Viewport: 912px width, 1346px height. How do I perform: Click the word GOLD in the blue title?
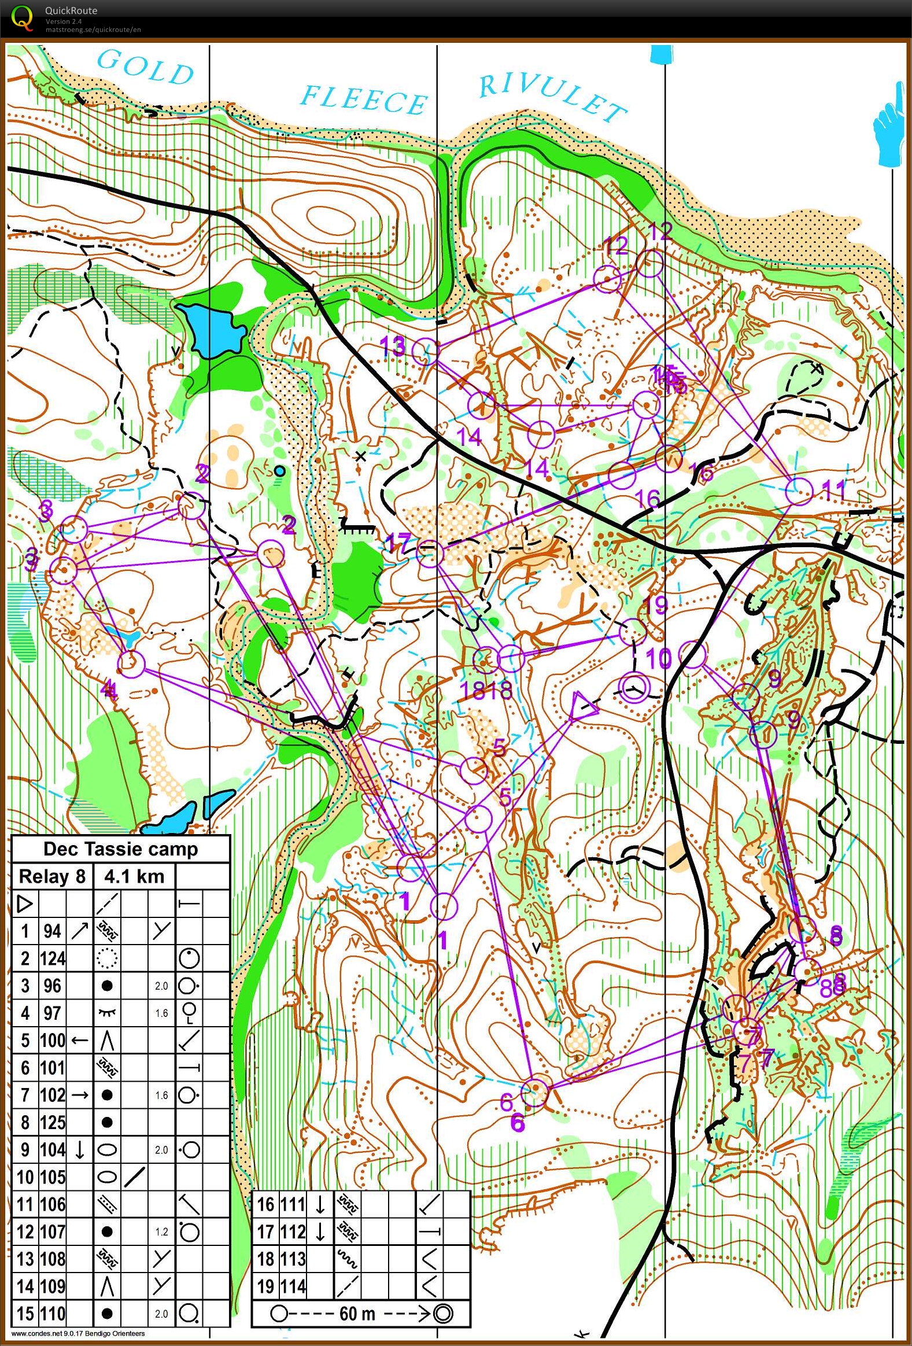(145, 68)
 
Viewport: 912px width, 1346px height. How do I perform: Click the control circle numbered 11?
(799, 492)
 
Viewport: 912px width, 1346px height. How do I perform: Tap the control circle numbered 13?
(426, 351)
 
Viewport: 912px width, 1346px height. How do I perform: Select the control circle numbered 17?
(430, 553)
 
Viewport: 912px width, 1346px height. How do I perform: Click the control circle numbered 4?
(131, 663)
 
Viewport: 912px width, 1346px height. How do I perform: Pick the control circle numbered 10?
(692, 654)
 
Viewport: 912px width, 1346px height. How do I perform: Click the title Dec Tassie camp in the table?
(120, 849)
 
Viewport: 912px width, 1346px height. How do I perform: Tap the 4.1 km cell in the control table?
(134, 876)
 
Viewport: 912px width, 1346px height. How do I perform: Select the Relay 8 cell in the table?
(52, 876)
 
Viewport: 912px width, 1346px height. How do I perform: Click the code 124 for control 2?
(52, 958)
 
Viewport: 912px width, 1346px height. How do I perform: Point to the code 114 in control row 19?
(293, 1286)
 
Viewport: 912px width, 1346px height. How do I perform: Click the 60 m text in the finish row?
(358, 1314)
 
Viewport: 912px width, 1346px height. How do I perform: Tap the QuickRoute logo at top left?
(22, 17)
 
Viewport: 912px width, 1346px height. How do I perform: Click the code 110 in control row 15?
(52, 1314)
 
